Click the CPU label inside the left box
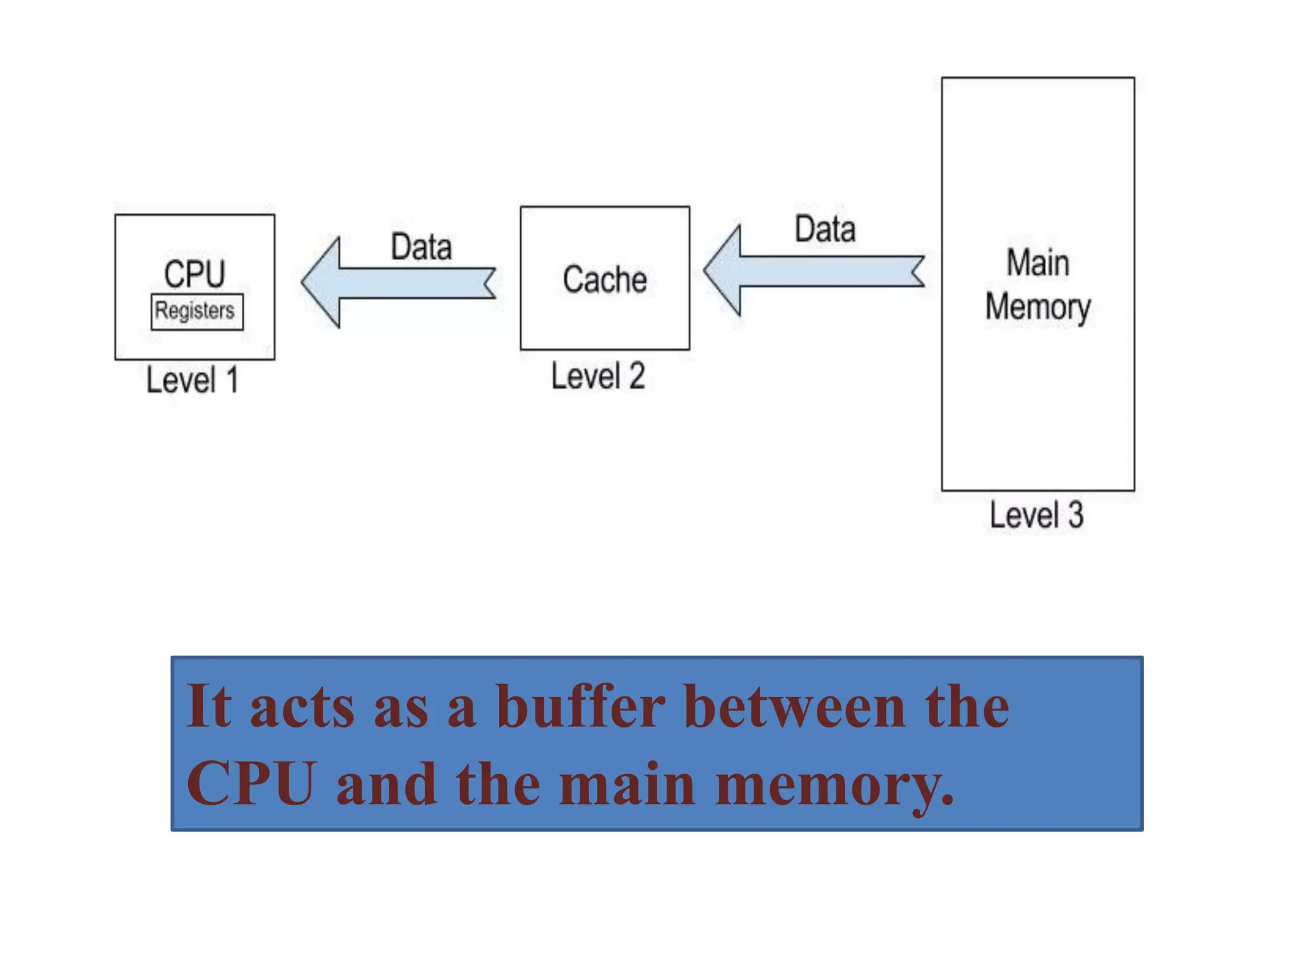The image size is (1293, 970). tap(194, 273)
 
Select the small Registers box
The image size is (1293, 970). tap(196, 311)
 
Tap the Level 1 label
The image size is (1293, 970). tap(192, 380)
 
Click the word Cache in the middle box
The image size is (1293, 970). tap(604, 280)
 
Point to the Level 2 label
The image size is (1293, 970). tap(598, 376)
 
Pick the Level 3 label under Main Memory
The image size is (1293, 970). tap(1036, 515)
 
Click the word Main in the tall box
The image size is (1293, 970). tap(1037, 263)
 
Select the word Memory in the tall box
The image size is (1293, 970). tap(1037, 308)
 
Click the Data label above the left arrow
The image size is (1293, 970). tap(421, 247)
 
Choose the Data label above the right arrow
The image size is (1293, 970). tap(825, 229)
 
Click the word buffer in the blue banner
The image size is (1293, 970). tap(580, 707)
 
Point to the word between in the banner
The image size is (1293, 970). tap(794, 707)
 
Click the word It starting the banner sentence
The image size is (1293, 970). tap(208, 707)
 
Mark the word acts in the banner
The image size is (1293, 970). tap(302, 708)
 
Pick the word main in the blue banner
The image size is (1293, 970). tap(627, 785)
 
